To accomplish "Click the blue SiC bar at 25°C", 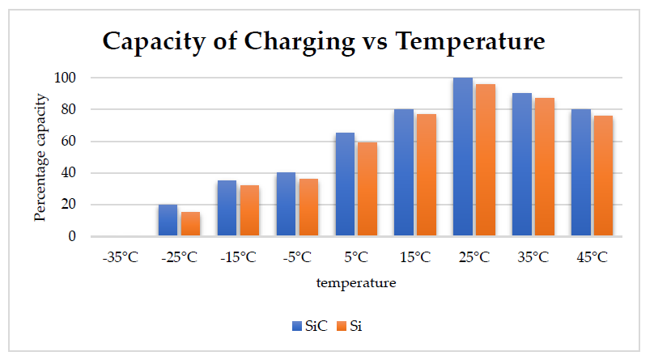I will tap(463, 157).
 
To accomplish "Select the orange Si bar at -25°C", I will tap(190, 224).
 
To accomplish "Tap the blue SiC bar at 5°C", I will tap(345, 184).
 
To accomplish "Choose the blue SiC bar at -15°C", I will tap(227, 208).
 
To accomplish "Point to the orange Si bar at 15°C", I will tap(426, 175).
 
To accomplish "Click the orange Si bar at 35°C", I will tap(544, 167).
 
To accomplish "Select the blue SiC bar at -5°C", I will tap(286, 204).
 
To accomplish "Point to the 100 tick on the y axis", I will tap(66, 78).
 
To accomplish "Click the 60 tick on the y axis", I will tap(69, 141).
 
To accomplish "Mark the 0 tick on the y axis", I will tap(72, 236).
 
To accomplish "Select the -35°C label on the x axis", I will tap(120, 258).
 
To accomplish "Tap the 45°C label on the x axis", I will tap(592, 258).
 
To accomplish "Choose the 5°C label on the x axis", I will tap(356, 258).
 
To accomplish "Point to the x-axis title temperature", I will tap(356, 284).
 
